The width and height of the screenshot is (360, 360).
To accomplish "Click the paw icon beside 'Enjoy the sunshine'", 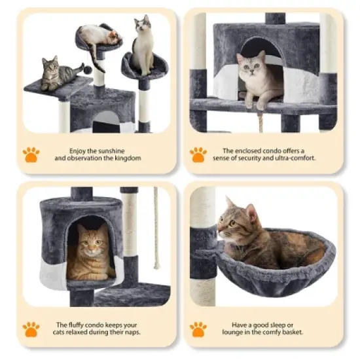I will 31,154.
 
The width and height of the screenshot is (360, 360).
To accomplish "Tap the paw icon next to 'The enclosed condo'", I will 198,154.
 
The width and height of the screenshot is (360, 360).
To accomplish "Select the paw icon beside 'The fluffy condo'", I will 31,329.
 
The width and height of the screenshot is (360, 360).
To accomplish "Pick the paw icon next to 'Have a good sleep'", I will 198,329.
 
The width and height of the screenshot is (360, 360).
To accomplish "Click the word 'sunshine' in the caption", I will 117,150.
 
